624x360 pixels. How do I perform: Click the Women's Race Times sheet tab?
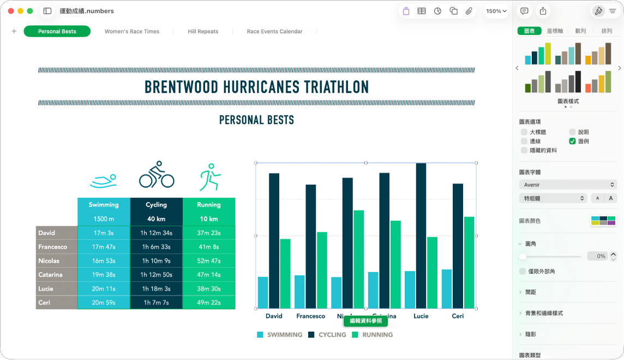132,32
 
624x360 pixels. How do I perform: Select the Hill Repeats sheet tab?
203,32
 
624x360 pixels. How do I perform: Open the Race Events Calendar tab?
274,32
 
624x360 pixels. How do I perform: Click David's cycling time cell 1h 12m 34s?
156,233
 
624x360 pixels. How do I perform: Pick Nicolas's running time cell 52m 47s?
208,261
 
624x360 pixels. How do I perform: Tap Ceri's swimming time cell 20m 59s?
104,303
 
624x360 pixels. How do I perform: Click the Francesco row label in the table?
53,247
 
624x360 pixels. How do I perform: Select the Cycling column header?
156,205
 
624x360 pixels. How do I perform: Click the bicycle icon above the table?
157,175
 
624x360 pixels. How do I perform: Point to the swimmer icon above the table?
104,179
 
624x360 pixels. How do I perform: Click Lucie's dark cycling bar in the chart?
421,235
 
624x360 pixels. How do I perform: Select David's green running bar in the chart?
285,273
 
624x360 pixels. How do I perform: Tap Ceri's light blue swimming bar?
447,289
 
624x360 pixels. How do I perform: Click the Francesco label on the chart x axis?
310,316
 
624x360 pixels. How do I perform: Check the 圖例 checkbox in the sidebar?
572,141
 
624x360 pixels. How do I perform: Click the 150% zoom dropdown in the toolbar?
496,11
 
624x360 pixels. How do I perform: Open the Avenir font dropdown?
567,185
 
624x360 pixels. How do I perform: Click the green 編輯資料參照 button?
365,321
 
